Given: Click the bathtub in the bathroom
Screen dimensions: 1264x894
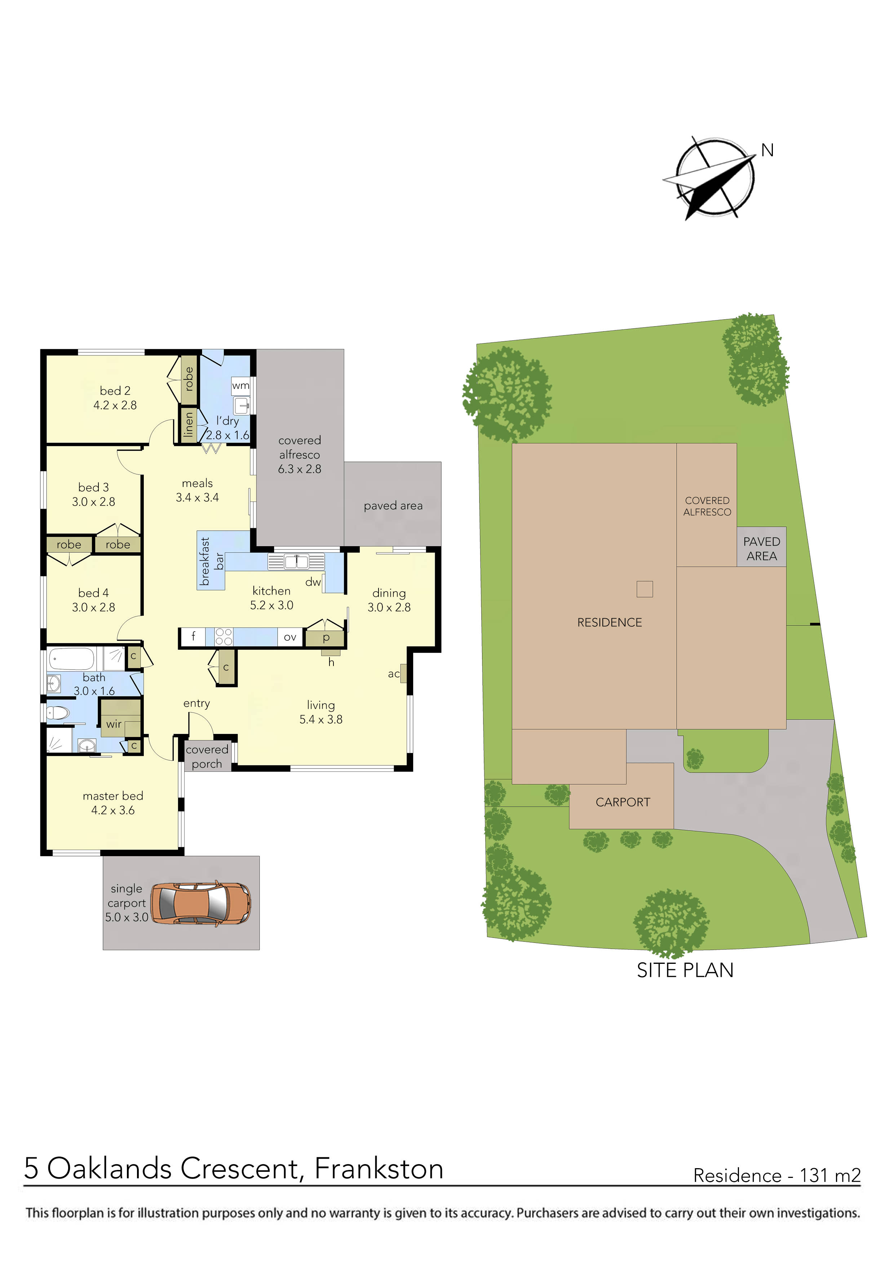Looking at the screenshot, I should point(72,658).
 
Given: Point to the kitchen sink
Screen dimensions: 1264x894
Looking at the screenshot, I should point(296,561).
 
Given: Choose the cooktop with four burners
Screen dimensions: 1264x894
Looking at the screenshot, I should point(223,637).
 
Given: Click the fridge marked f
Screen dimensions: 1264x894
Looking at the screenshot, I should point(193,637).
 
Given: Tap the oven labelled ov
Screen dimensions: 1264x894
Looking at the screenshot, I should point(290,637).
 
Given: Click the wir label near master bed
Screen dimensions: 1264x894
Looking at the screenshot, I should point(114,724).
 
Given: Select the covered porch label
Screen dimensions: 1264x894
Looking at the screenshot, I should point(207,756).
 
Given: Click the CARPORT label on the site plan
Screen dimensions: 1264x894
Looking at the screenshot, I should point(623,802).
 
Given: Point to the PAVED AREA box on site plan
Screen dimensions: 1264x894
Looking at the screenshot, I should point(761,548).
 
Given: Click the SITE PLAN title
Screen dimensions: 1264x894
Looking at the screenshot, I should point(685,970).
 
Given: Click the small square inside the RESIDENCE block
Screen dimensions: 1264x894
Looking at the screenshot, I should point(645,589).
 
